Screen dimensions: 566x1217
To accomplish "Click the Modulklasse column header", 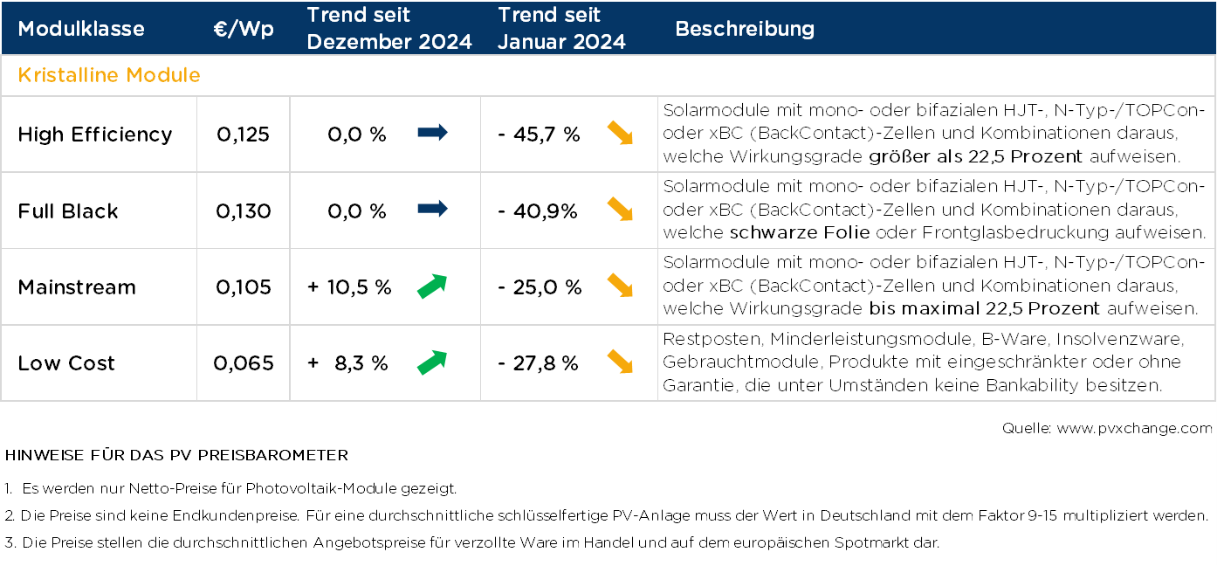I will coord(81,29).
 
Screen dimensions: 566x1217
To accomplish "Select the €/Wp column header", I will coord(244,29).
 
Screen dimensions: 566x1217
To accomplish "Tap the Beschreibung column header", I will coord(745,29).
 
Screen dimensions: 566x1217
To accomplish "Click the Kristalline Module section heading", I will coord(109,75).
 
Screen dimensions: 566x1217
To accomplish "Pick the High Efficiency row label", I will coord(95,135).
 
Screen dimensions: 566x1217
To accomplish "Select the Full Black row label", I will coord(68,211).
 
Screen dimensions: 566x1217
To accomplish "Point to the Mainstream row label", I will coord(77,287).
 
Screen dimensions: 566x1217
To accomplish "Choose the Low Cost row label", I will coord(66,363).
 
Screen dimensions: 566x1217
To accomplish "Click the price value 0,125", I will coord(244,135).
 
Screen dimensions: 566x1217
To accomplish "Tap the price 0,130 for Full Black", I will coord(244,211).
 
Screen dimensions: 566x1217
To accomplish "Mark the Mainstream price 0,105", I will coord(244,287).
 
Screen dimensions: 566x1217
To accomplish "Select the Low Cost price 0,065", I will coord(244,363).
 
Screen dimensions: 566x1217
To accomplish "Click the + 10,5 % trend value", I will coord(349,287).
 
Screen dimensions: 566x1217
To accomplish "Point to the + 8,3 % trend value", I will coord(347,363).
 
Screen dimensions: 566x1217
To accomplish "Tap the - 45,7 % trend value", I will coord(540,135).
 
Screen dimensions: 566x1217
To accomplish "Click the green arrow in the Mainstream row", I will coord(432,286).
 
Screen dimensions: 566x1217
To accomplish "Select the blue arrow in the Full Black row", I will coord(432,209).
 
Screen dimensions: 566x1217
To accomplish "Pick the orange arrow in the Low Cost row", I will coord(620,361).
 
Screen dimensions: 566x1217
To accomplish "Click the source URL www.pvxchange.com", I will coord(1134,428).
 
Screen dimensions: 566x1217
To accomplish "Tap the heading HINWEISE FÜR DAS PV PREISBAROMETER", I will coord(176,456).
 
